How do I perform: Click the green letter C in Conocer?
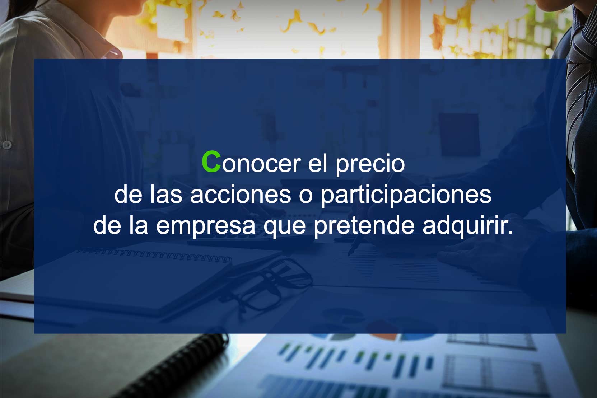coord(211,162)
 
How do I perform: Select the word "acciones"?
coord(241,195)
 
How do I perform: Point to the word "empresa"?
coord(205,226)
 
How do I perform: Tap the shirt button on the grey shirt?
coord(7,145)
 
